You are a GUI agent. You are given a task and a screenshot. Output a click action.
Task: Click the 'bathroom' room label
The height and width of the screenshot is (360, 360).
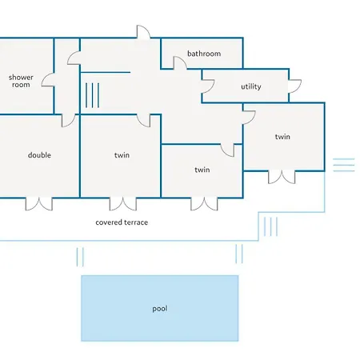coord(204,54)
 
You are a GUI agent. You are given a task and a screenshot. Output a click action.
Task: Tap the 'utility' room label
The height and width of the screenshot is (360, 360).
coord(251,86)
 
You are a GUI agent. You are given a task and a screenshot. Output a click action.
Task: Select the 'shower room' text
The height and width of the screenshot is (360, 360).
coord(21,81)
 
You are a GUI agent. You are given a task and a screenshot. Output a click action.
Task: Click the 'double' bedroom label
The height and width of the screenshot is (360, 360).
coord(39,155)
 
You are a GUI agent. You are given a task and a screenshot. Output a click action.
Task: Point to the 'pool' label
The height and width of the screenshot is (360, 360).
coord(160,309)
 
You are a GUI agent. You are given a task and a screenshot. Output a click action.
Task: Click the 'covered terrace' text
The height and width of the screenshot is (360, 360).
coord(122,222)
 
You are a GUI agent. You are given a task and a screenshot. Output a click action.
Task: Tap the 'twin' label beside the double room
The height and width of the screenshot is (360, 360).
coord(122,155)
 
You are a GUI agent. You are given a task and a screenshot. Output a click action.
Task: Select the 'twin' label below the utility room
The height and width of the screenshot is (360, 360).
coord(282,137)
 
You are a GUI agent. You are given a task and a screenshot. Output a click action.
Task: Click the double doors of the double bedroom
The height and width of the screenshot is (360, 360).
coord(39,204)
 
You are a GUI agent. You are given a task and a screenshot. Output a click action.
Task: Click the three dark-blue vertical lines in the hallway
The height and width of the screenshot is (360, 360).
coord(92,95)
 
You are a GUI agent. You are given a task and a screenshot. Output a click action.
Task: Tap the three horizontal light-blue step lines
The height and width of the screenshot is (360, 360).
coord(344,165)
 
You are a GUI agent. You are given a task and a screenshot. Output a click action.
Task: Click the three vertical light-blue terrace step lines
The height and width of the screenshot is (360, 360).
coord(270,226)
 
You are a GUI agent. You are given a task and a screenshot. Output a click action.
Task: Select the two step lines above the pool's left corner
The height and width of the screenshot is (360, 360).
coord(80,257)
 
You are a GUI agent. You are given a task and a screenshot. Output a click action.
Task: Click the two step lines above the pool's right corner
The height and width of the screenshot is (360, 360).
coord(239,254)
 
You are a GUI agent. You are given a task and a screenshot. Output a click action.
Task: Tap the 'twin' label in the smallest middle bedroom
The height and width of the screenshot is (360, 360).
coord(202,170)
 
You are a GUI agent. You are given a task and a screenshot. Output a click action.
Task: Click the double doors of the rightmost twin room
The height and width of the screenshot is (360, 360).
coord(282,177)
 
